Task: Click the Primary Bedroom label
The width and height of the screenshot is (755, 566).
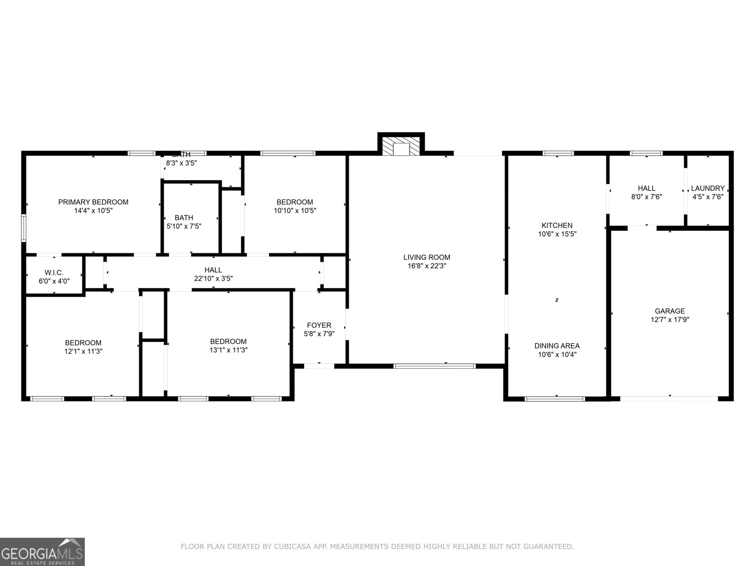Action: click(93, 202)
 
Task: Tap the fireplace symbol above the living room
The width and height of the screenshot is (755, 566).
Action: click(401, 147)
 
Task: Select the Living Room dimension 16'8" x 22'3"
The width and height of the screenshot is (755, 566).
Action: click(427, 266)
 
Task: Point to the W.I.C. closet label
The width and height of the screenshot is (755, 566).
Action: click(54, 273)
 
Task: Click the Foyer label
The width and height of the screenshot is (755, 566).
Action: click(319, 325)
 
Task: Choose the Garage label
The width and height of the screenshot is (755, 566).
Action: click(670, 311)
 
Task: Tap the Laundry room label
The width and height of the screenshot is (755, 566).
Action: click(707, 188)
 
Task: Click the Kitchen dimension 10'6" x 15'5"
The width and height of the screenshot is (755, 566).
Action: click(557, 234)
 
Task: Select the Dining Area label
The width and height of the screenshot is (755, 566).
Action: click(557, 346)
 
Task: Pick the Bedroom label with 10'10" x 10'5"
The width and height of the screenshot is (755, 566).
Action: click(294, 202)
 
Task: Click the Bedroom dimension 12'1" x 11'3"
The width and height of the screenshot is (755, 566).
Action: click(83, 351)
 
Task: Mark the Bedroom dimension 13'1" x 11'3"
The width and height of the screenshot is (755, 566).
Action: click(228, 350)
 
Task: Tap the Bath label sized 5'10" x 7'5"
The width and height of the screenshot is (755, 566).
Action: click(184, 217)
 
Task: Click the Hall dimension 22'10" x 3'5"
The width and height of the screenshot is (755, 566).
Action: click(213, 278)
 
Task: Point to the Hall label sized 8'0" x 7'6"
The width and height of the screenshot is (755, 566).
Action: click(646, 188)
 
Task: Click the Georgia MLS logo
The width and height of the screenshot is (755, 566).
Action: click(42, 551)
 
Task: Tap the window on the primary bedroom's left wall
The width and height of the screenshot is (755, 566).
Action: click(24, 228)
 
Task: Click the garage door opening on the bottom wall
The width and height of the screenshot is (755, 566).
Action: click(669, 399)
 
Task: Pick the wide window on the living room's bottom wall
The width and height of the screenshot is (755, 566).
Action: click(435, 366)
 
